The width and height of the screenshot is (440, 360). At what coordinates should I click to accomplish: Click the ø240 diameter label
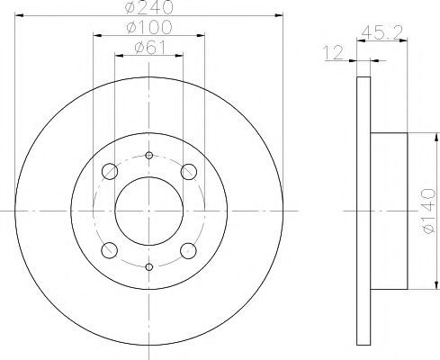(x=149, y=7)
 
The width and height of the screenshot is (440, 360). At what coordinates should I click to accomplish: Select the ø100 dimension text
(x=149, y=27)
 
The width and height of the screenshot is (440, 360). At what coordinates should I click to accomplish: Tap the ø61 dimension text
(x=150, y=48)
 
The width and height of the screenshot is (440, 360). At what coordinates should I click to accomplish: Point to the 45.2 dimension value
(x=382, y=32)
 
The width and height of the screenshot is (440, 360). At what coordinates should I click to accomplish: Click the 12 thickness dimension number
(x=333, y=52)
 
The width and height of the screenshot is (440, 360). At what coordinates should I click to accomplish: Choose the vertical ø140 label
(x=428, y=211)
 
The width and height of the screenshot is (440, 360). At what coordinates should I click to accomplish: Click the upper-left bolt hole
(x=110, y=172)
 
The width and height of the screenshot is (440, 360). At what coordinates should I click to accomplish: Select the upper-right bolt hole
(x=189, y=172)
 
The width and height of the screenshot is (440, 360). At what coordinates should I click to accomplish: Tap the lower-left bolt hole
(x=110, y=250)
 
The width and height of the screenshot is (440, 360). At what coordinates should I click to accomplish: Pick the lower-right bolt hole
(x=189, y=250)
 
